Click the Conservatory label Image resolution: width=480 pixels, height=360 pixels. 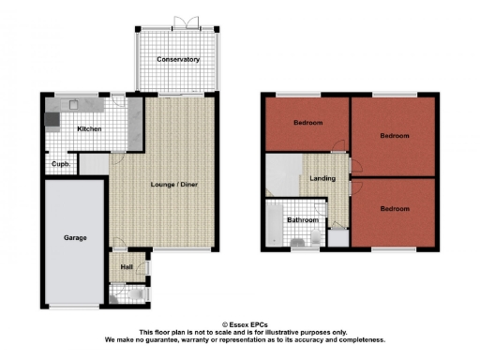point(179,59)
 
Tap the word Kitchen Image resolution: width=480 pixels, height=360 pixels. point(89,128)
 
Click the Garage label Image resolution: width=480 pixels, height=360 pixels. point(75,237)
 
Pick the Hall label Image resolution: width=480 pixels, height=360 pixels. point(126,267)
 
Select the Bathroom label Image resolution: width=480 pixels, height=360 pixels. point(302,220)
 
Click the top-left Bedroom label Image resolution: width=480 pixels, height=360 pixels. point(307,123)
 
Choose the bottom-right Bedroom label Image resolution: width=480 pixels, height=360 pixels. point(395,209)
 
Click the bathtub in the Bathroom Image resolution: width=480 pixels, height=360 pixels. point(273,225)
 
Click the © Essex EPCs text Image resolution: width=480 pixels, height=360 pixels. point(244,323)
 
